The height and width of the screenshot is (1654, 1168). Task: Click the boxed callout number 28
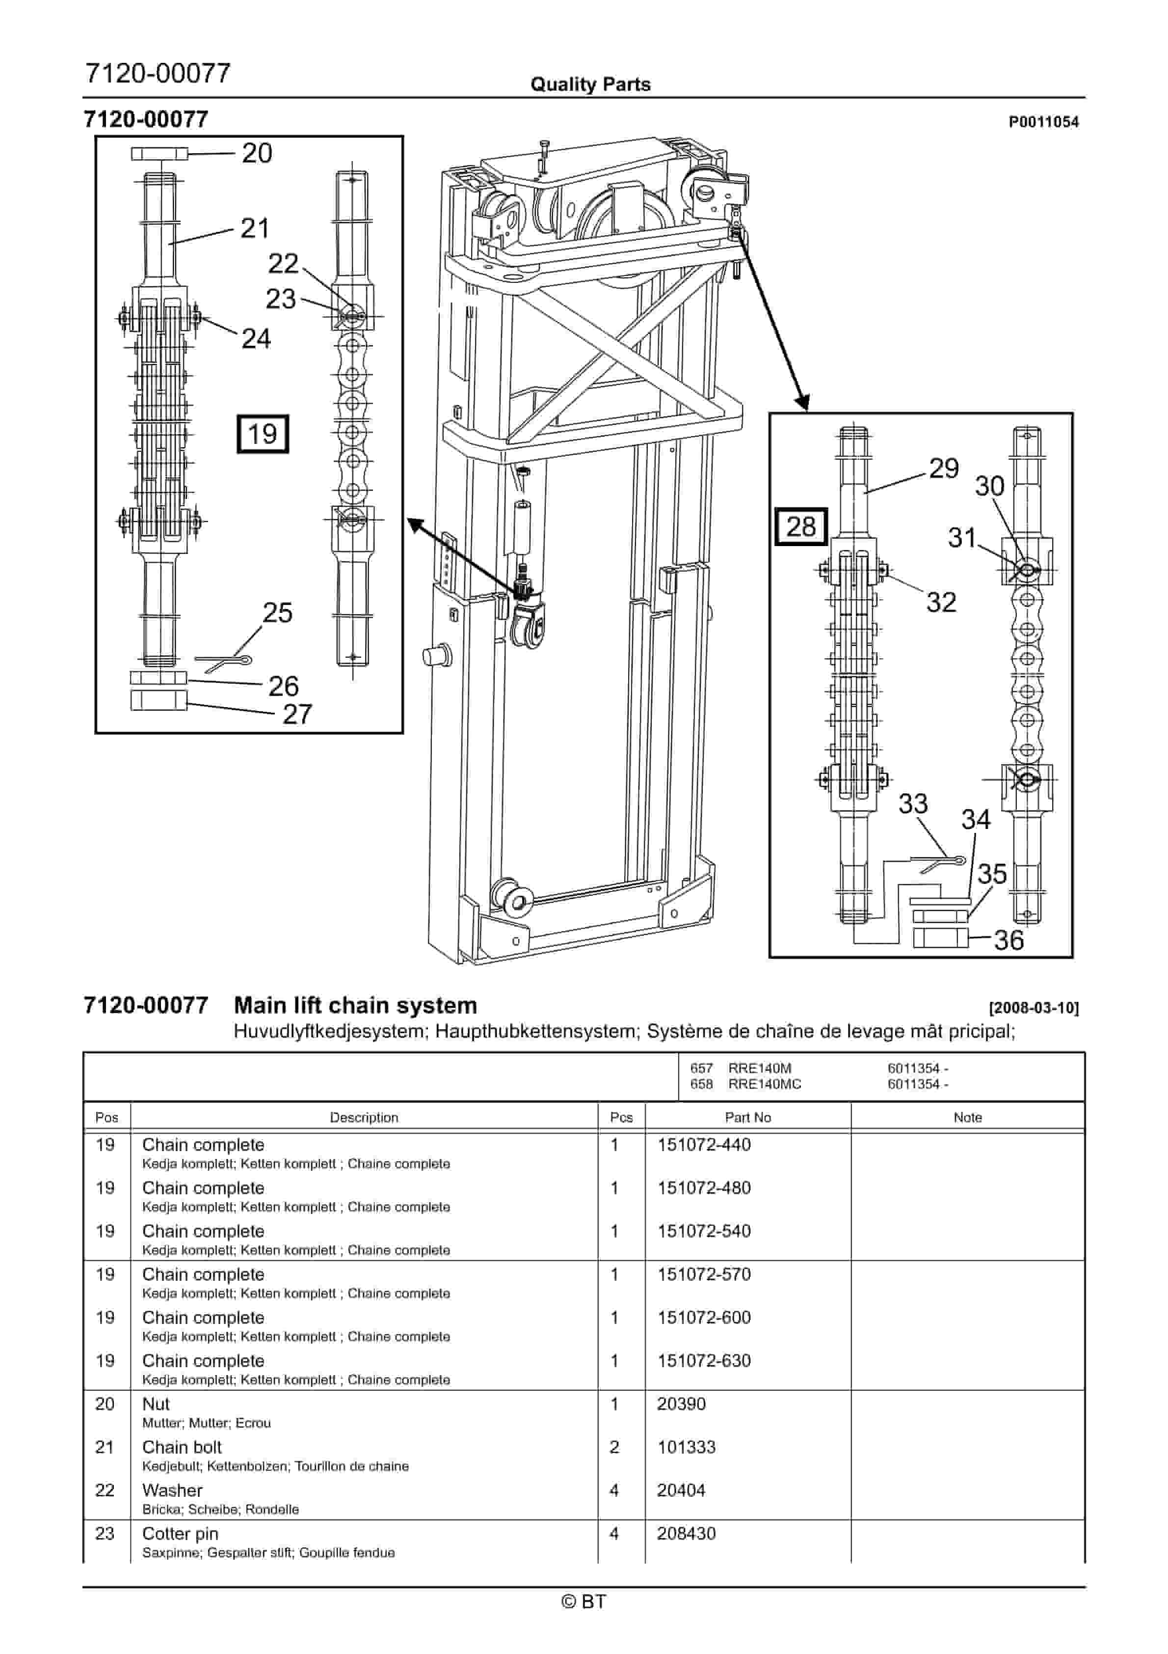pos(801,526)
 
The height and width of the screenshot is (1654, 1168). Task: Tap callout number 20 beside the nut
pos(257,153)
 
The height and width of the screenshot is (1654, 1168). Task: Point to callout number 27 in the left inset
pos(297,714)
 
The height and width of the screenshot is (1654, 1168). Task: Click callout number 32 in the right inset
pos(941,602)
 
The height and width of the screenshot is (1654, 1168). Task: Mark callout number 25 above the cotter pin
pos(277,613)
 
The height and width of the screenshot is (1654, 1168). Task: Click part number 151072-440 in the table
pos(704,1145)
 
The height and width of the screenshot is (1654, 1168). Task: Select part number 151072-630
pos(704,1361)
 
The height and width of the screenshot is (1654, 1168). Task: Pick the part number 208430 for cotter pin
pos(686,1534)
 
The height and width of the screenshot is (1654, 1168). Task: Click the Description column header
pos(364,1117)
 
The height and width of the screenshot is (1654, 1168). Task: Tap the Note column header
pos(967,1117)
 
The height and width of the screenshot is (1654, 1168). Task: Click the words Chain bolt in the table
pos(182,1447)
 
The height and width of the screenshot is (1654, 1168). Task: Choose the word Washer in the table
pos(172,1490)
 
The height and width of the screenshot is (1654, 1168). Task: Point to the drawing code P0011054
pos(1043,122)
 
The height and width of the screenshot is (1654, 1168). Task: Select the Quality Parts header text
pos(590,84)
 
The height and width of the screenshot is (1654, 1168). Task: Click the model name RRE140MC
pos(764,1084)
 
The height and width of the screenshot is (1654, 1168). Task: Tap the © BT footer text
pos(584,1601)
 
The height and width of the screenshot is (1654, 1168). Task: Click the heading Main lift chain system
pos(356,1006)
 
